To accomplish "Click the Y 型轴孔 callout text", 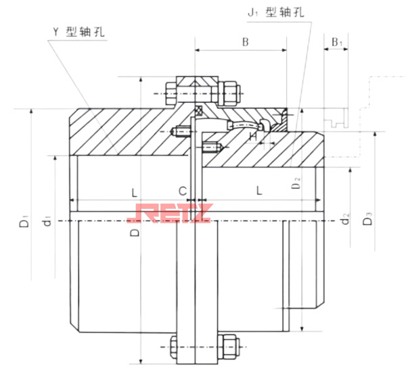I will (79, 32).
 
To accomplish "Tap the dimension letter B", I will (245, 43).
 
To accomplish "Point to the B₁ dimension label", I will (338, 43).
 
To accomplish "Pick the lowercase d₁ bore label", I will (46, 220).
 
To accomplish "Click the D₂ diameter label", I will (296, 181).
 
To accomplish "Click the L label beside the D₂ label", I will (259, 191).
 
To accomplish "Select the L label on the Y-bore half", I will (133, 191).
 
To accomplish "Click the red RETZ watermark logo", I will (169, 214).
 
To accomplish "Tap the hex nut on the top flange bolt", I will (229, 91).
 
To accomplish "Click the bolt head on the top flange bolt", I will (170, 91).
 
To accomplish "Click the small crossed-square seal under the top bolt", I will (198, 110).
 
